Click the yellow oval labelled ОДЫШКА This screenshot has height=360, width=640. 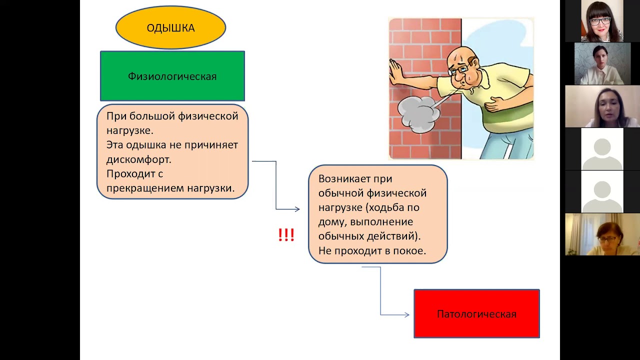[x=170, y=28]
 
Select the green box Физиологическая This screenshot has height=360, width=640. [x=172, y=76]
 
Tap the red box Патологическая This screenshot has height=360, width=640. [x=476, y=314]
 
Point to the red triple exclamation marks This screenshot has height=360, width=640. [x=286, y=235]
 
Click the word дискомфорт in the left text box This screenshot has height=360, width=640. [x=138, y=159]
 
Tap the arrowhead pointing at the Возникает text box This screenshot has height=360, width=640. [x=297, y=209]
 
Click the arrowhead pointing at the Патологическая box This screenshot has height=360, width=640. [x=406, y=314]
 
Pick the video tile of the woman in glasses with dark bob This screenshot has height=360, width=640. [x=602, y=21]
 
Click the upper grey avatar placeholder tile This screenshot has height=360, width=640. [x=602, y=149]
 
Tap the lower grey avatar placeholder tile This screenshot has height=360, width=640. [x=602, y=191]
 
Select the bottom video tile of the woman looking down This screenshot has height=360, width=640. [x=602, y=234]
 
